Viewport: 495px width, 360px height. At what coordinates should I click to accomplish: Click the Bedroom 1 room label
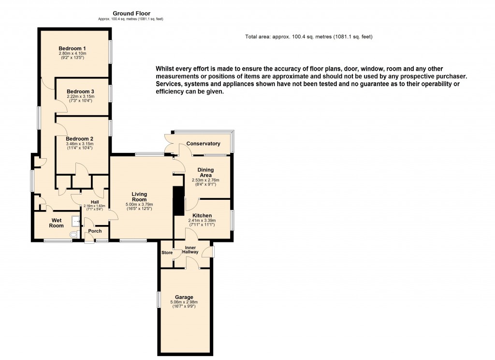72,48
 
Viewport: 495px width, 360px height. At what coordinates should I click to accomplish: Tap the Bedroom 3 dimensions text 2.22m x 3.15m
80,96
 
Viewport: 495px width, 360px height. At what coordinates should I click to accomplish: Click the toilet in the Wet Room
73,234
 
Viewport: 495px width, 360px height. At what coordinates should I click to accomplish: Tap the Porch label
95,231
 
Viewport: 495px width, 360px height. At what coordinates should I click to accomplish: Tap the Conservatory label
203,144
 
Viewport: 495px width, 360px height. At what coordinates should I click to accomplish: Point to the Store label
167,253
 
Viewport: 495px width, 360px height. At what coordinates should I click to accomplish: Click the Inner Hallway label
191,251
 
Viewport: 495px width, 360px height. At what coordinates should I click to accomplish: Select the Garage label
184,297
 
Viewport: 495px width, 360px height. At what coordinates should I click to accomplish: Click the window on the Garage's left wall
159,299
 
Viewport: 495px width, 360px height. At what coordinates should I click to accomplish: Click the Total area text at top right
308,37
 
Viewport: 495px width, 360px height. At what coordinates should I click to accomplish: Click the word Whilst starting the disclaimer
165,69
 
